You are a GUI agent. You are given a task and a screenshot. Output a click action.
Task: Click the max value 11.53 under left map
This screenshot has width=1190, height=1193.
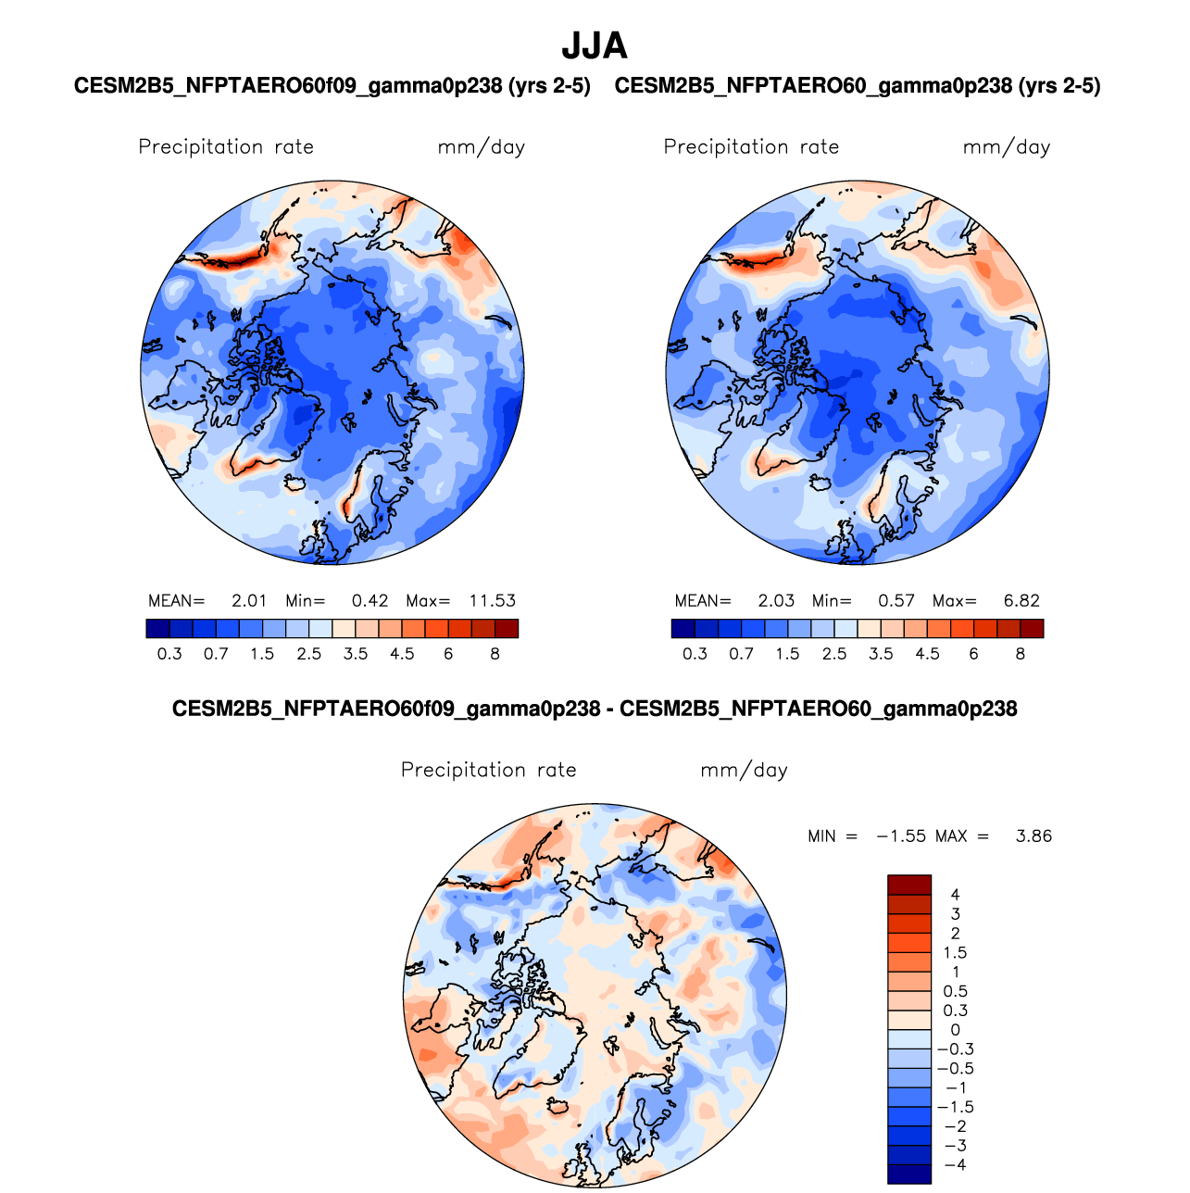tap(492, 601)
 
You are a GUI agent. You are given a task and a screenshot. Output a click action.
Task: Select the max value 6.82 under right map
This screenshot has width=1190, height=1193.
tap(1021, 601)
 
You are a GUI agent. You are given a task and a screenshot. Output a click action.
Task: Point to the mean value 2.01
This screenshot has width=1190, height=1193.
tap(249, 601)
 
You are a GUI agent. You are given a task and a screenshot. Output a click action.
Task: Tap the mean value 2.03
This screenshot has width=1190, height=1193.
tap(776, 601)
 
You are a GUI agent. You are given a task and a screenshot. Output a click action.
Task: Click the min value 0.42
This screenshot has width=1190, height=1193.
tap(370, 601)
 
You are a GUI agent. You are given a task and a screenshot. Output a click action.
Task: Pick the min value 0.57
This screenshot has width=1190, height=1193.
tap(896, 601)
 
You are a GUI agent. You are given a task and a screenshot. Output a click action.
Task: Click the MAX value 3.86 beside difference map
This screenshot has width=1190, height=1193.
tap(1033, 836)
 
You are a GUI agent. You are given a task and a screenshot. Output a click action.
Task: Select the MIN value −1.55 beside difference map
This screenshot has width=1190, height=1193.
tap(901, 836)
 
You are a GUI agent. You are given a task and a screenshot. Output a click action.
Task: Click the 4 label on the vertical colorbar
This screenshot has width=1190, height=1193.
tap(956, 895)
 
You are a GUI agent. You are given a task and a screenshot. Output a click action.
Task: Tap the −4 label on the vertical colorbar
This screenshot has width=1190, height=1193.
tap(956, 1165)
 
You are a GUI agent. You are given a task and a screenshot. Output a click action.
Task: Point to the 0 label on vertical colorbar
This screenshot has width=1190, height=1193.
tap(956, 1030)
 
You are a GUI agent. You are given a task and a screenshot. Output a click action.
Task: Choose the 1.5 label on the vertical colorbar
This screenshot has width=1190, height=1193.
tap(955, 953)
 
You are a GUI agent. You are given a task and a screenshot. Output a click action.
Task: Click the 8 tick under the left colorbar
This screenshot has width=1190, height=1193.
tap(495, 654)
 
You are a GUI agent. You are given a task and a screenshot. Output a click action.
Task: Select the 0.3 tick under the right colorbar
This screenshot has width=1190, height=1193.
tap(695, 654)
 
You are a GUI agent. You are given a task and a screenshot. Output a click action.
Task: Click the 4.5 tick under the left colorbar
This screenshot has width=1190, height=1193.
tap(402, 654)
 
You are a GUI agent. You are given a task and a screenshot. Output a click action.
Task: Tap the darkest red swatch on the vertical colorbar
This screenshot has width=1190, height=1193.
tap(909, 885)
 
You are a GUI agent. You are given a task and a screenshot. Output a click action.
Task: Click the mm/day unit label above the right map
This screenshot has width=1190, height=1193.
tap(1007, 147)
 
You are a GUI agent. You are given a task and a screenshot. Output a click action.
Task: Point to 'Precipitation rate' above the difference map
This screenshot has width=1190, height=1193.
tap(488, 771)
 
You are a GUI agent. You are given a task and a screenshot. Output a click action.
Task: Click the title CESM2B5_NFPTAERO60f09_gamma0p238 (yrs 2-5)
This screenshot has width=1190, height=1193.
tap(332, 86)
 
